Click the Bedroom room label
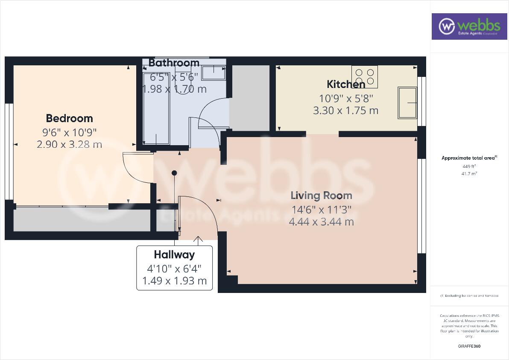pos(69,118)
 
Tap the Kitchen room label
pos(346,84)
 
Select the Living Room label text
pos(321,196)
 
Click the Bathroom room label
pos(174,63)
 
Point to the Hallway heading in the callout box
pos(174,255)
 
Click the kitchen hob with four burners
pos(365,76)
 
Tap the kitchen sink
pos(407,102)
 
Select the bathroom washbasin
pos(213,73)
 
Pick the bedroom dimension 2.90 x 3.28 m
pos(69,144)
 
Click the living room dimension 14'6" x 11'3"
pos(321,209)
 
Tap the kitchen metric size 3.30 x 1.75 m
pos(346,111)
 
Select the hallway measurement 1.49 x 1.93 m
pos(174,281)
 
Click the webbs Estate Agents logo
pos(468,26)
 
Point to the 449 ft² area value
pos(468,166)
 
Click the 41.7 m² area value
pos(468,173)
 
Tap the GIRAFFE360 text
pos(468,346)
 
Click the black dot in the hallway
pos(174,173)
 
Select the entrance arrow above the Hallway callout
pos(198,240)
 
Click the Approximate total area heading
pos(468,158)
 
